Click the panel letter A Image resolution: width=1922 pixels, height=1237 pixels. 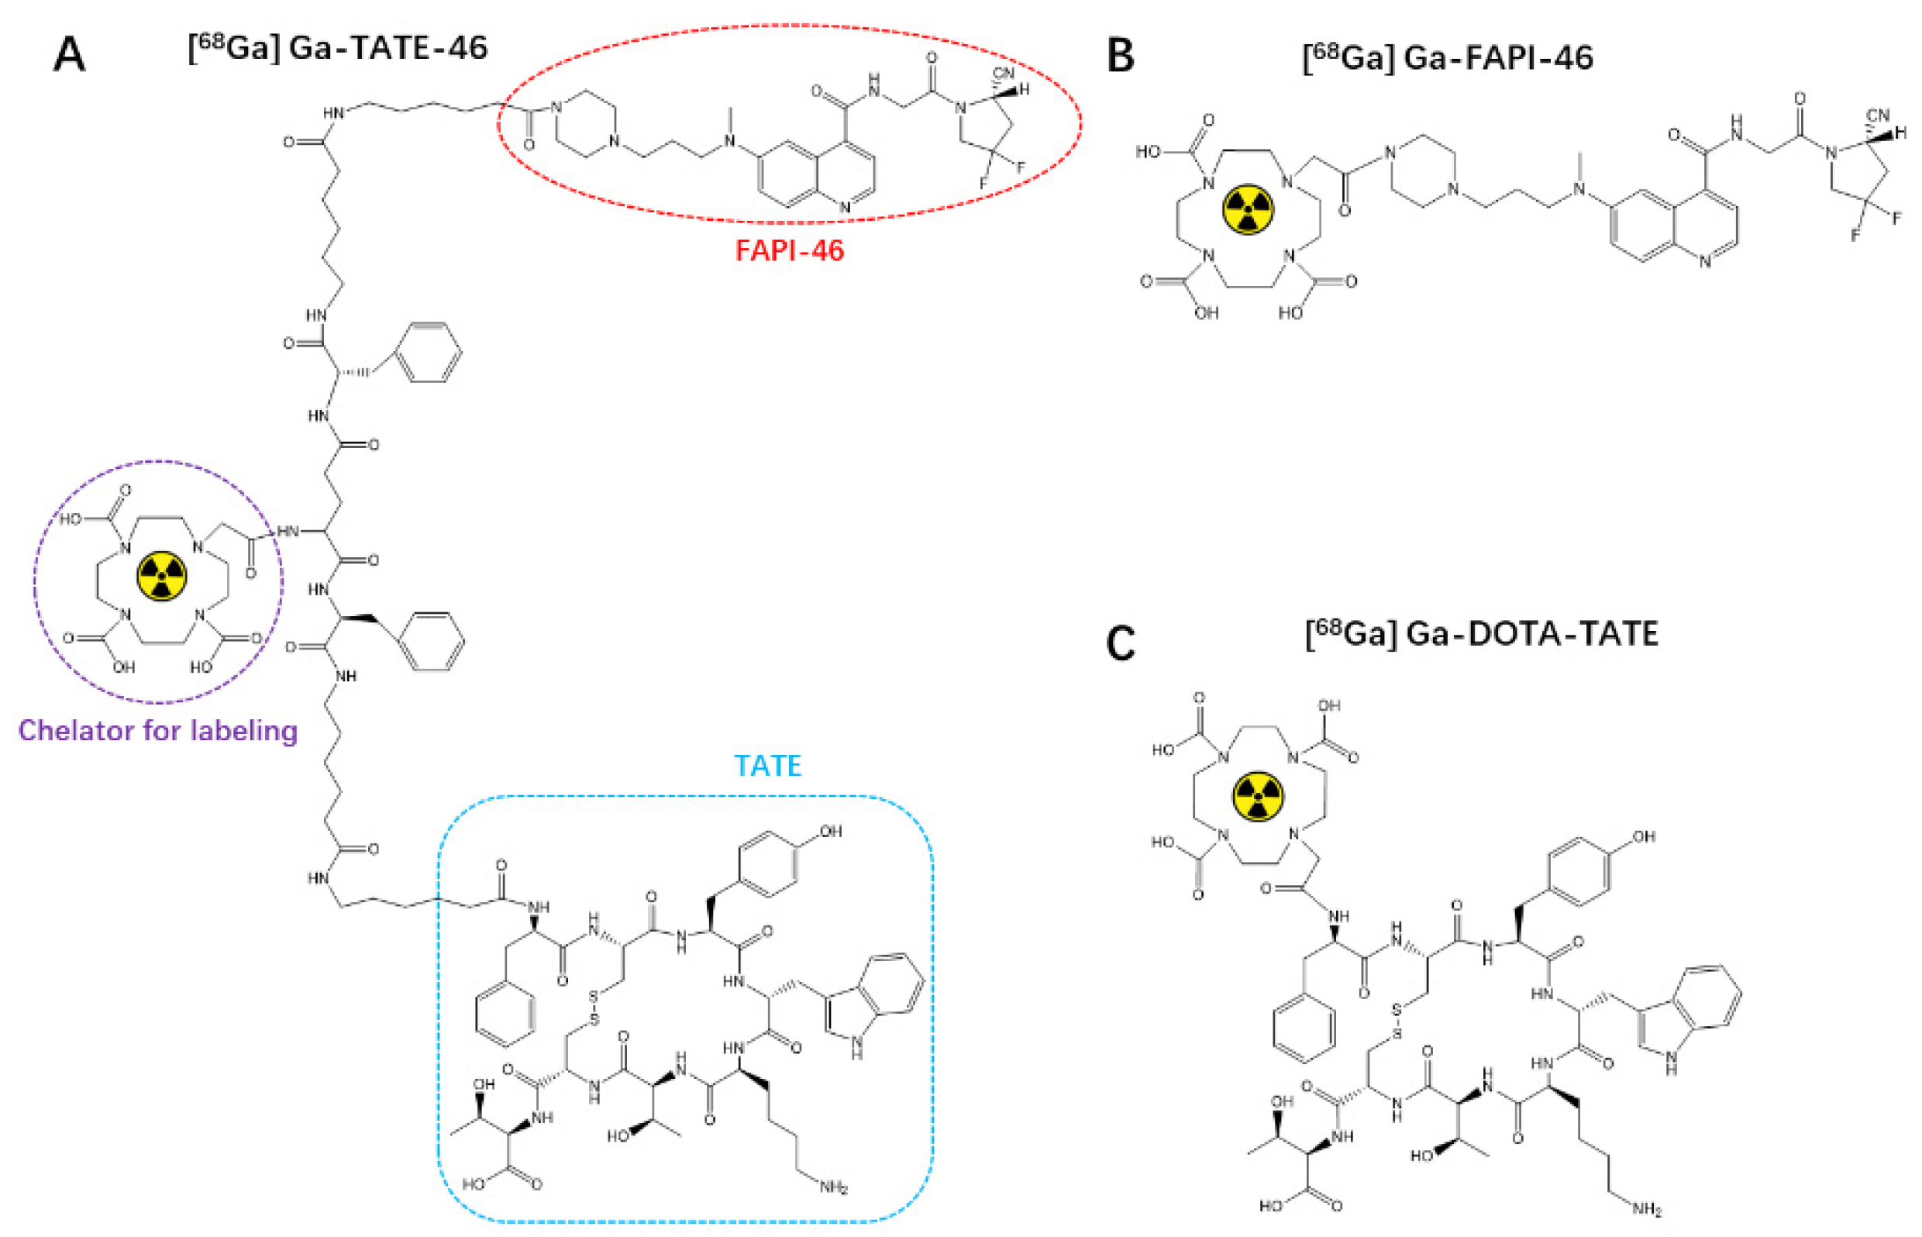[69, 57]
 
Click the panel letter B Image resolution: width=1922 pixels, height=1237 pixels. [1121, 57]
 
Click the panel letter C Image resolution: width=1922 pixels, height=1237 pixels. [1121, 643]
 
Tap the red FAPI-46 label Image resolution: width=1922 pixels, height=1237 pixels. [790, 250]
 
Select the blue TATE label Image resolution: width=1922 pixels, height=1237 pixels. [768, 766]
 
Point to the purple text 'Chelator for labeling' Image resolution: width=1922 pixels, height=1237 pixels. [157, 731]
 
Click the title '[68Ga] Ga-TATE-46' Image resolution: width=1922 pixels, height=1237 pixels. [337, 48]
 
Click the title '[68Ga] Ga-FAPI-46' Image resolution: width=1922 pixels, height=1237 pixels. [1448, 58]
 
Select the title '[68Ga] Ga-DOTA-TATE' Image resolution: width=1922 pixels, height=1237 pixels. [1481, 635]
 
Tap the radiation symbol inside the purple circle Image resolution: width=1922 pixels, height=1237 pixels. [162, 576]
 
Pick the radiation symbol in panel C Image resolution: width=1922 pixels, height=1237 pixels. [1258, 797]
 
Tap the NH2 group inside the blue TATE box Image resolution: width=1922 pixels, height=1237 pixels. [834, 1187]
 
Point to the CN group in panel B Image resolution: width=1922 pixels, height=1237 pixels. [1878, 115]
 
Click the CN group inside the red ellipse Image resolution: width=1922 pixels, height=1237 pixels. [1003, 74]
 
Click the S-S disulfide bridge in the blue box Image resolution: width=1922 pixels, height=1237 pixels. [594, 1009]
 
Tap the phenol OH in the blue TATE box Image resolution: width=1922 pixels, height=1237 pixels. [831, 832]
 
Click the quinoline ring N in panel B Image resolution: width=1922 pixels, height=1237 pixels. [1704, 261]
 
